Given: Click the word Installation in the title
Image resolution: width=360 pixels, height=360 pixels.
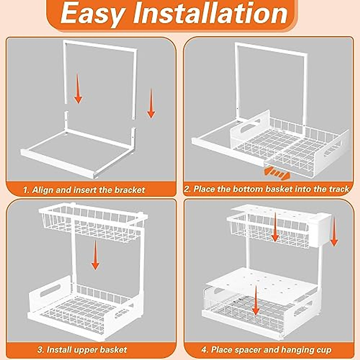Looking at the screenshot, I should point(210,13).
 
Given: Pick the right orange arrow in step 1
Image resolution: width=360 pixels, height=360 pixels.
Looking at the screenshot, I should point(151,103).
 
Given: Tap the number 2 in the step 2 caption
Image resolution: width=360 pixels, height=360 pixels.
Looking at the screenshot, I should point(187,189).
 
